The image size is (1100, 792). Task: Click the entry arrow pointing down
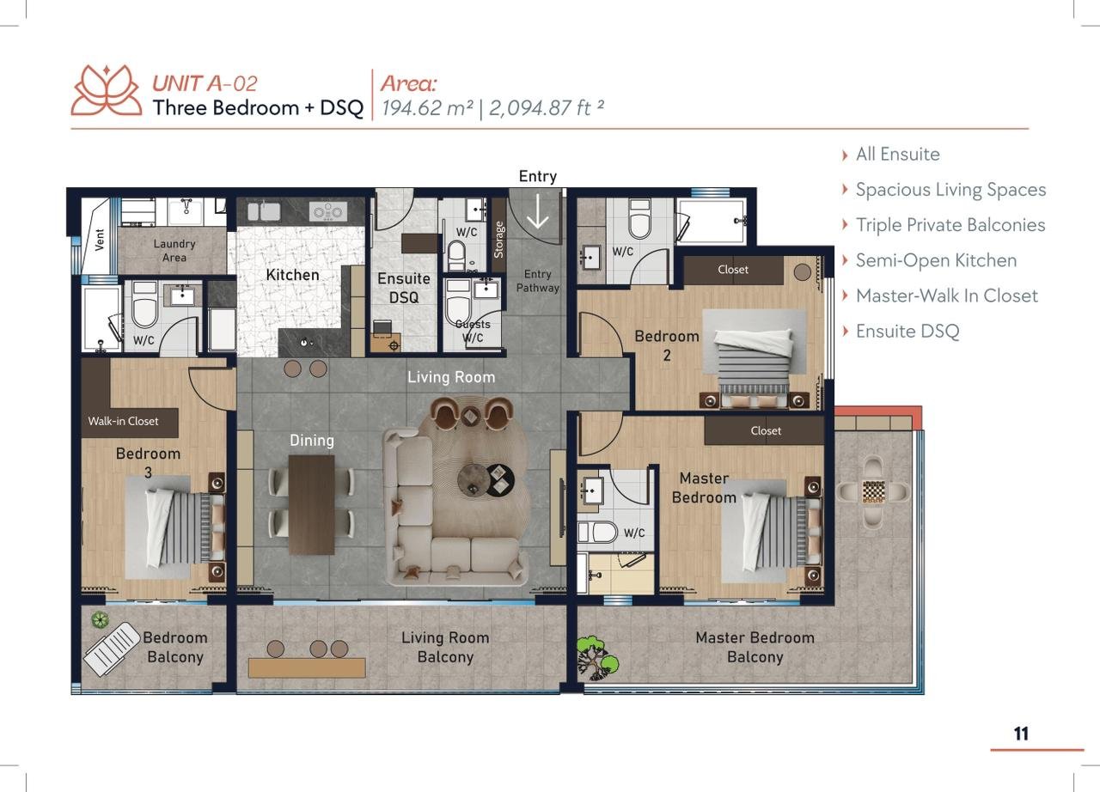538,211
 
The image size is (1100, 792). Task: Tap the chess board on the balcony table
874,492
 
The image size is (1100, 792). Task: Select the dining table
311,504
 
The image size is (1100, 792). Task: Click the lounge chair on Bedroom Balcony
113,649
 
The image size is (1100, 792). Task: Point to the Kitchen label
293,275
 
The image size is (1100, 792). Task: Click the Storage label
498,240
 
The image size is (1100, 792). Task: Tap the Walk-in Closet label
123,421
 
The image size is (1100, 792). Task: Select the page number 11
1021,734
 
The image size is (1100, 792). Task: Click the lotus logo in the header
107,90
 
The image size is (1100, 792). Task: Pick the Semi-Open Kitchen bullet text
936,260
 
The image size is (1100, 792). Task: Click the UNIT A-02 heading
205,83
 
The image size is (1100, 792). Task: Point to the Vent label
100,240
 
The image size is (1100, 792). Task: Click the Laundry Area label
174,250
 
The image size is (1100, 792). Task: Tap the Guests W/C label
473,331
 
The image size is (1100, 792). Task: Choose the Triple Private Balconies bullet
950,225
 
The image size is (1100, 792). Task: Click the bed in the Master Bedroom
781,533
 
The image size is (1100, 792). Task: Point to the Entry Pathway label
538,281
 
